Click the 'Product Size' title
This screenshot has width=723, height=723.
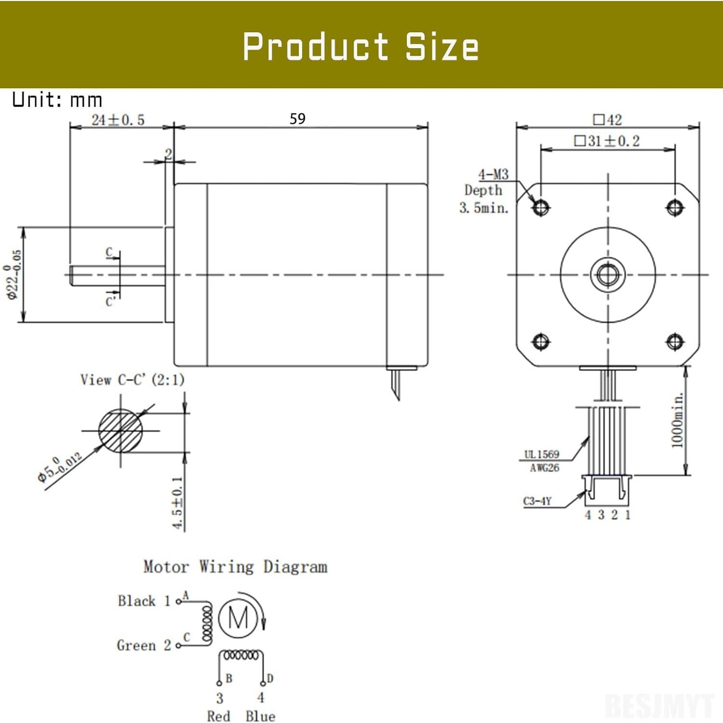click(361, 47)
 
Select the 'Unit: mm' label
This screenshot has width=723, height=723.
click(57, 100)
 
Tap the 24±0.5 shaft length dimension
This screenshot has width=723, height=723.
click(118, 120)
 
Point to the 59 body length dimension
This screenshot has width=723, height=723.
click(297, 119)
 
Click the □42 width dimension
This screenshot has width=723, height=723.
click(607, 119)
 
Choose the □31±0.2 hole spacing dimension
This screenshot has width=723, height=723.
click(607, 141)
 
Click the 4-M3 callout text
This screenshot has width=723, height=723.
click(493, 174)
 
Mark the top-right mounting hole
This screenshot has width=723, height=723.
click(674, 208)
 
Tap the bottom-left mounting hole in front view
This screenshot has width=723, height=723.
click(540, 341)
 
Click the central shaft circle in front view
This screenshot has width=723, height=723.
click(607, 275)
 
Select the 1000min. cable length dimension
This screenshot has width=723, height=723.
click(678, 420)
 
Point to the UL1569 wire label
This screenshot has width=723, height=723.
click(542, 454)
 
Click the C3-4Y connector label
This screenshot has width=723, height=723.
click(537, 501)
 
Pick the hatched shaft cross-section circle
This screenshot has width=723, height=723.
click(120, 430)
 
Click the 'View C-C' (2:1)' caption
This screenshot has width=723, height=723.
click(132, 380)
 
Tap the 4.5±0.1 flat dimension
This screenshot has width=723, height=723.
click(177, 503)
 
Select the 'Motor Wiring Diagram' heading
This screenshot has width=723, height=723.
click(235, 566)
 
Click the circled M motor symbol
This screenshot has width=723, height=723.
click(238, 618)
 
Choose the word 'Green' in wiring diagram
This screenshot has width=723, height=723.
click(136, 645)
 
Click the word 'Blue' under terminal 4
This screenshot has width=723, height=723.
click(260, 716)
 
